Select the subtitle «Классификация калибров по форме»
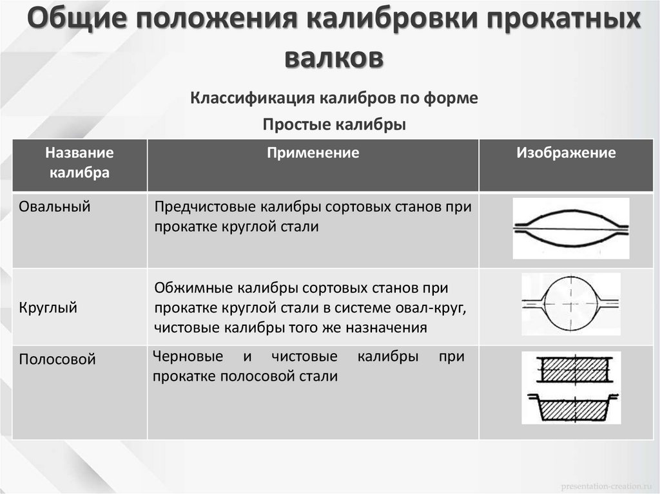coord(334,99)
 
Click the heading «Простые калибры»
coord(334,124)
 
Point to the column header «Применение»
coord(313,153)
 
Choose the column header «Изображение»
coord(566,153)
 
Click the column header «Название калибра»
coord(80,163)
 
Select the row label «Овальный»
coord(55,207)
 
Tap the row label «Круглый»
coord(48,308)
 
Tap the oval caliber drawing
coord(570,227)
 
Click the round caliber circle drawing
coord(570,302)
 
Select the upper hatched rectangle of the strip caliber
coord(570,370)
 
